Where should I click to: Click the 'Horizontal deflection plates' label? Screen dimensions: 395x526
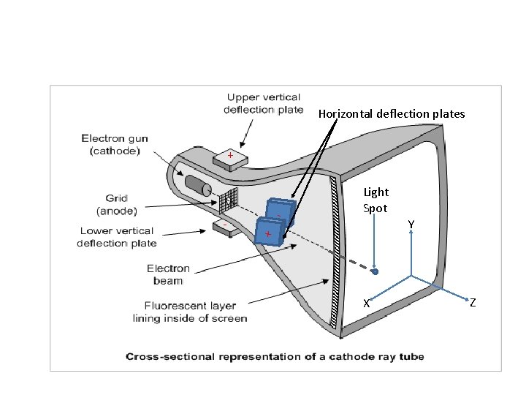[x=391, y=114]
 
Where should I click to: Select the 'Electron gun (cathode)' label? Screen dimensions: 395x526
[x=113, y=144]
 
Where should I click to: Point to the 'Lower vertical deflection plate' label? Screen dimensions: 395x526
[x=116, y=237]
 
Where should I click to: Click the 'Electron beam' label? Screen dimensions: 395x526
[x=168, y=274]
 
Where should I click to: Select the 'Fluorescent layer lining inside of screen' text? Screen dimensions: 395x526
[x=190, y=312]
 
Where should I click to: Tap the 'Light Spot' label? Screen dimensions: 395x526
[x=376, y=200]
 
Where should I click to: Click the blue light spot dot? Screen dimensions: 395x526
[x=375, y=271]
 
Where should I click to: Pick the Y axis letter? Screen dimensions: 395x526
[x=412, y=224]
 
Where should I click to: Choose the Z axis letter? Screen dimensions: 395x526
[x=473, y=302]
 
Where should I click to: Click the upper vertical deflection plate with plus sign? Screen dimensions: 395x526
[x=229, y=158]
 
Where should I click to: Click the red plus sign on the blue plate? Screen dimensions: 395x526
[x=268, y=233]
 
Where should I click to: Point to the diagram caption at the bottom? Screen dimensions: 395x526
[x=275, y=357]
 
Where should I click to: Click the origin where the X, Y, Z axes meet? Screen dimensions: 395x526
[x=411, y=276]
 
